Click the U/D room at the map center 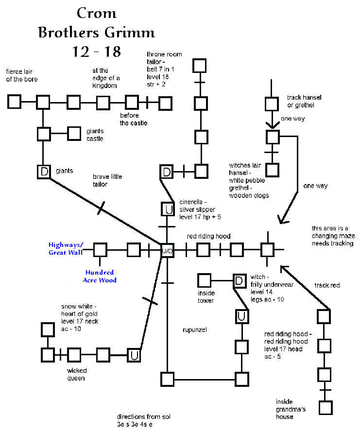point(167,250)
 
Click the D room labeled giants point(44,172)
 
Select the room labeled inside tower point(204,280)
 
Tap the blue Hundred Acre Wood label point(101,276)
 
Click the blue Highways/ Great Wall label point(66,249)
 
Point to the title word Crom point(96,13)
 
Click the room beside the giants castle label point(74,133)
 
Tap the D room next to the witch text point(239,280)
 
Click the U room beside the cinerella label point(167,209)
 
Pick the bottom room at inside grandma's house point(325,407)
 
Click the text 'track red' point(327,285)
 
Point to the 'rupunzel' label point(195,329)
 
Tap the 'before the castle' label point(130,119)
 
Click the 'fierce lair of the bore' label point(21,75)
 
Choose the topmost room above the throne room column point(200,66)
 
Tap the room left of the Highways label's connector point(100,250)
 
